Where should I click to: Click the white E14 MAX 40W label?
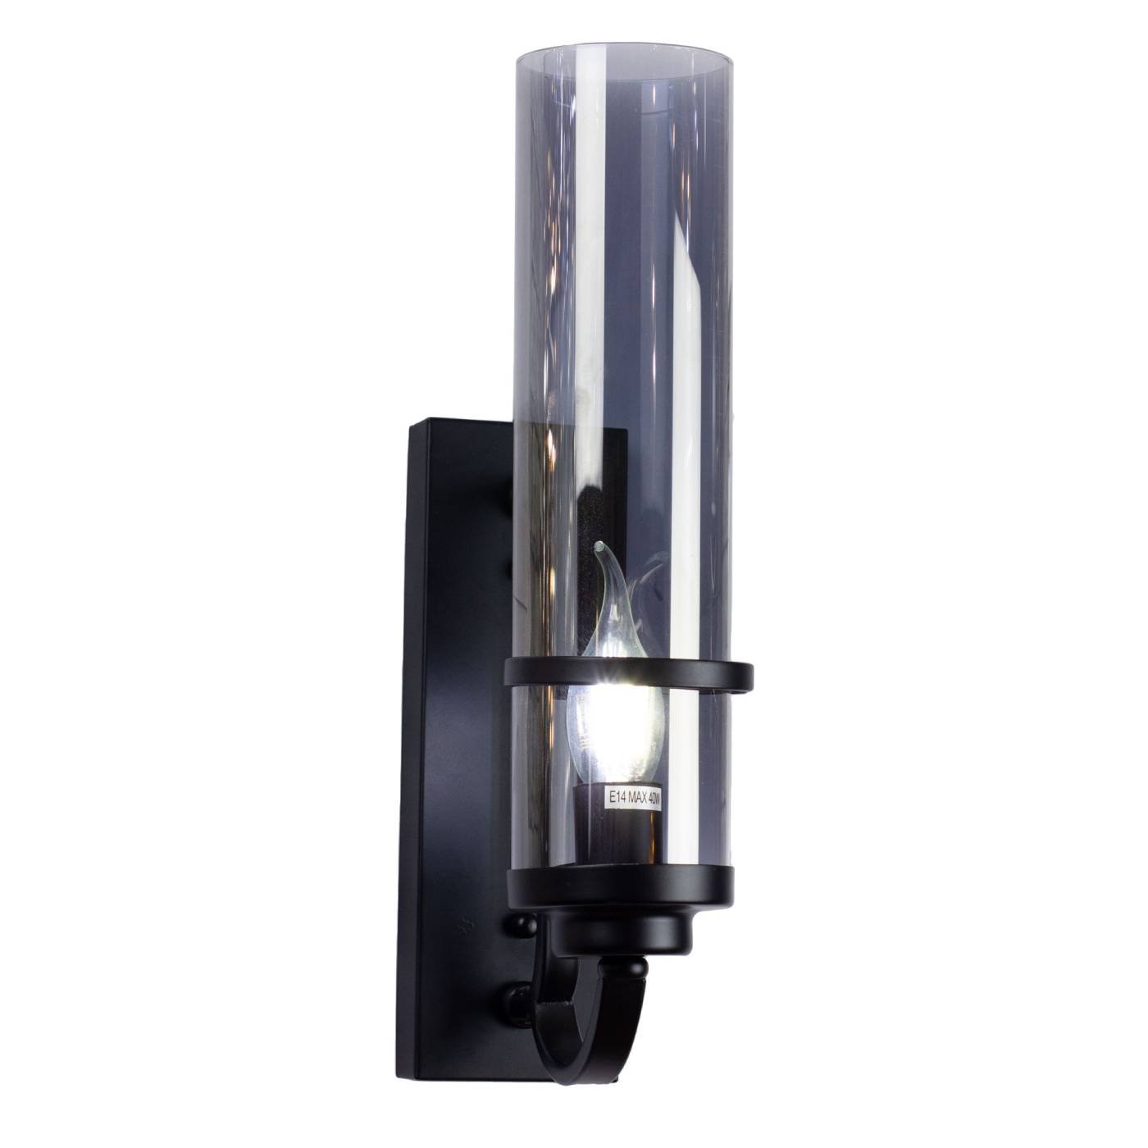point(632,796)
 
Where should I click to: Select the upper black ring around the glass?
point(628,674)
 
